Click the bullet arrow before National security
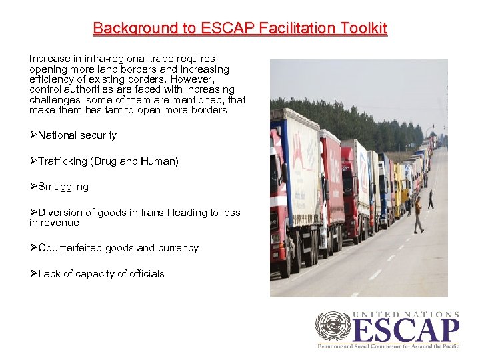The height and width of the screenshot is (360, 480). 33,135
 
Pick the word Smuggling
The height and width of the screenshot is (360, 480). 63,187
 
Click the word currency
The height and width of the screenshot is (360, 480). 177,248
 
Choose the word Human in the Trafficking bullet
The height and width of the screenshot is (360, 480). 159,161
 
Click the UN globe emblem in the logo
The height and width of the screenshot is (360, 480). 333,326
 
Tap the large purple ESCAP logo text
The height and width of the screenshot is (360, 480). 406,331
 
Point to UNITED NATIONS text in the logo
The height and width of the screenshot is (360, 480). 406,314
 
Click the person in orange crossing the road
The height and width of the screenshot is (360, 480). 418,215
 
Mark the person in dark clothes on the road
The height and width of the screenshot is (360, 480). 431,199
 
